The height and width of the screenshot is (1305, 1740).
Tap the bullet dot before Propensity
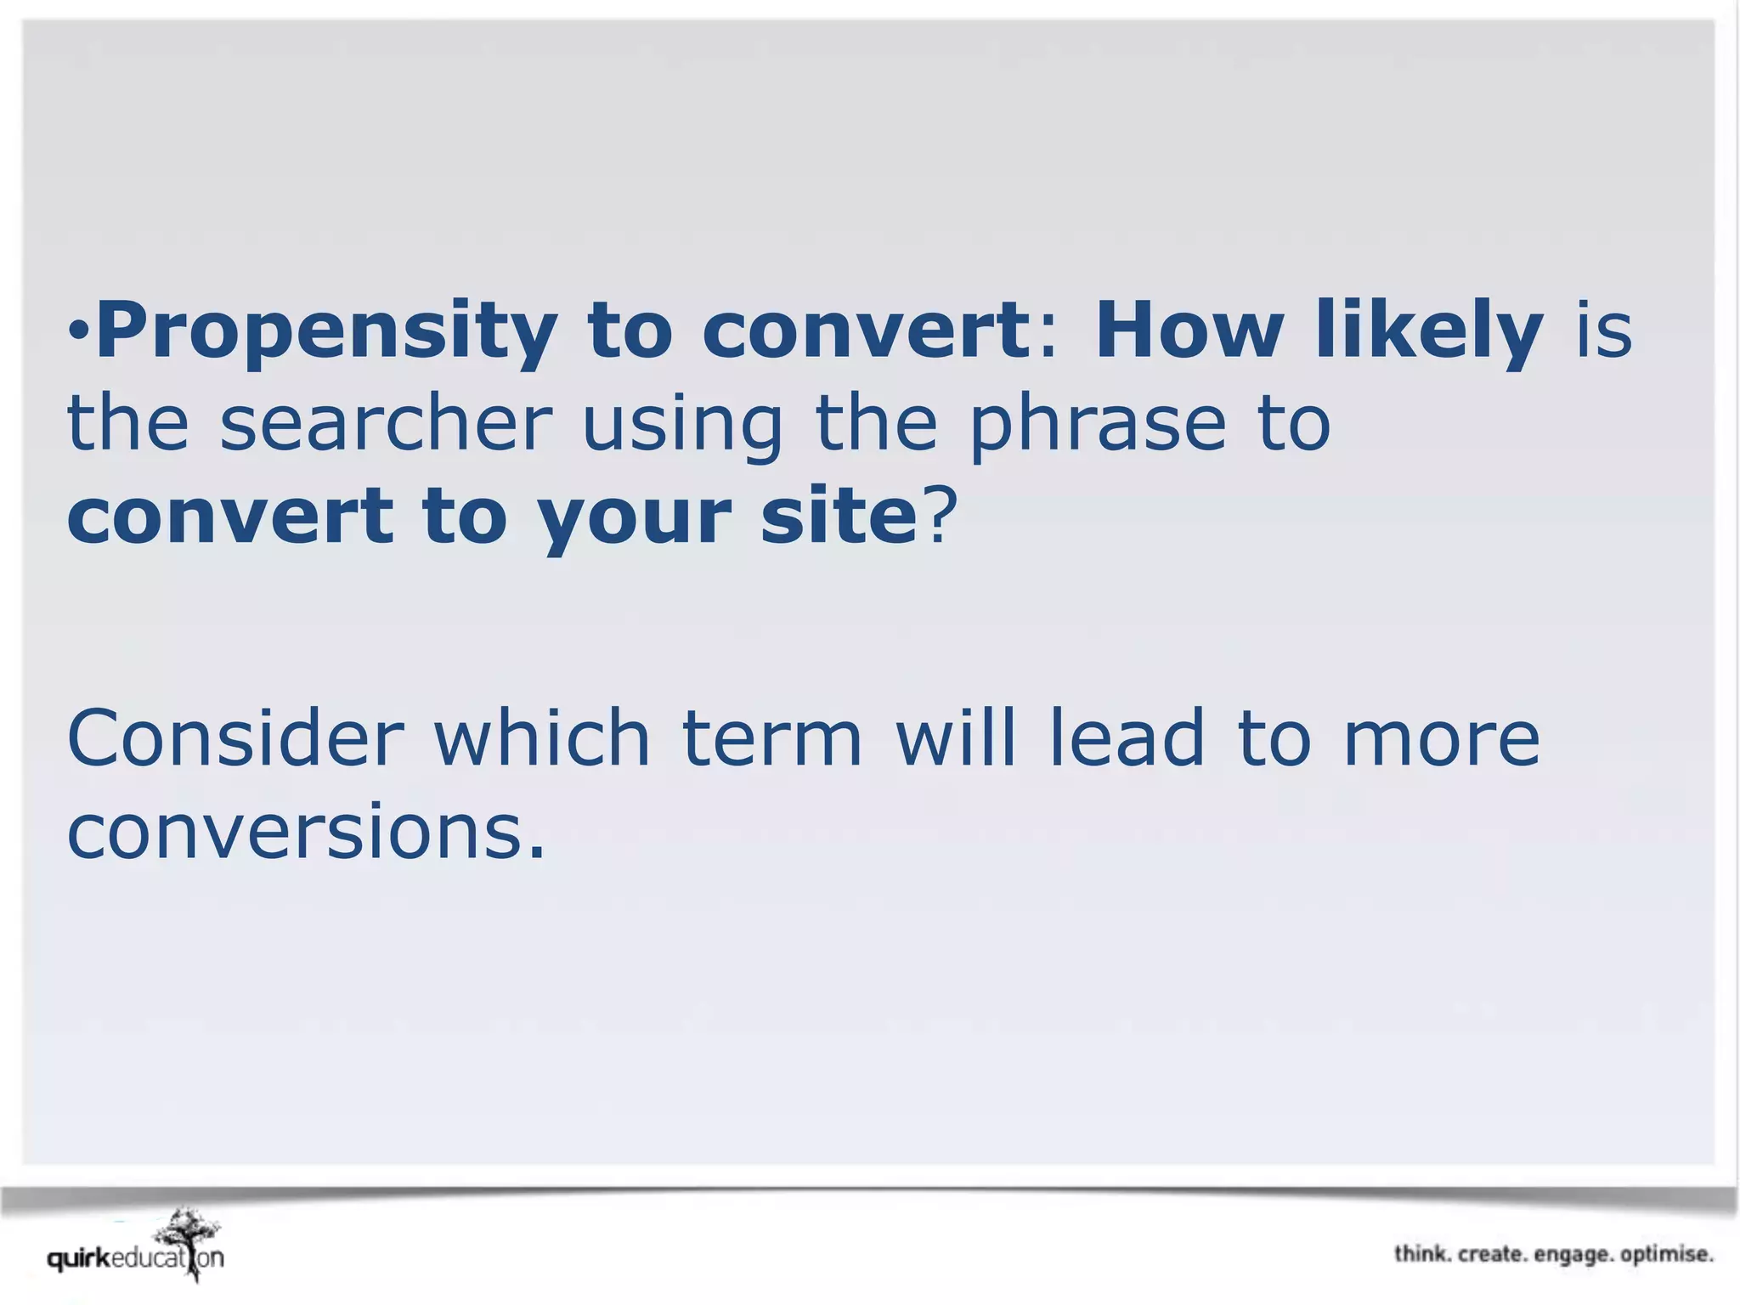(78, 329)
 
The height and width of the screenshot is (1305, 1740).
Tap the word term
(771, 739)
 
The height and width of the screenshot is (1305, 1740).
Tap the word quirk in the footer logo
(79, 1258)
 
